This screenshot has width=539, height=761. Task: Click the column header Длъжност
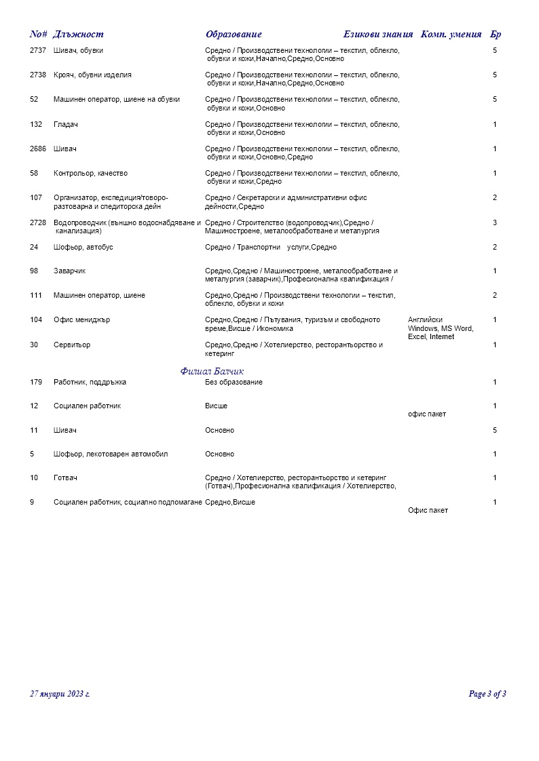click(78, 35)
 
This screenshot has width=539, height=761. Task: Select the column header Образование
click(234, 35)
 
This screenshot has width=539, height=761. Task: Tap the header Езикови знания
click(378, 35)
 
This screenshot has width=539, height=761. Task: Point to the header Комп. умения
click(451, 35)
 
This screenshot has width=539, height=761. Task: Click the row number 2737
click(38, 50)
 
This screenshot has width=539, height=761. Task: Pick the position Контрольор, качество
click(90, 173)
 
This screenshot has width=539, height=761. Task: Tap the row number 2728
click(38, 222)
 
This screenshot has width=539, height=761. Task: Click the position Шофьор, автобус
click(83, 247)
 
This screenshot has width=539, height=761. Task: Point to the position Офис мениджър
click(81, 320)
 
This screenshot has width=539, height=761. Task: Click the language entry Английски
click(425, 319)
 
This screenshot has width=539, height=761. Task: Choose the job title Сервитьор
click(72, 345)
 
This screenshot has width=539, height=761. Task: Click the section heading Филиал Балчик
click(212, 371)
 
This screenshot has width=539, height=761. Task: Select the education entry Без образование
click(234, 382)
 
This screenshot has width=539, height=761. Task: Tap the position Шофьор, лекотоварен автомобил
click(111, 454)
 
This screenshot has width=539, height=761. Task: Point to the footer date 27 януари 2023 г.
click(60, 694)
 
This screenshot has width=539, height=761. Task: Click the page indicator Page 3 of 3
click(487, 694)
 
